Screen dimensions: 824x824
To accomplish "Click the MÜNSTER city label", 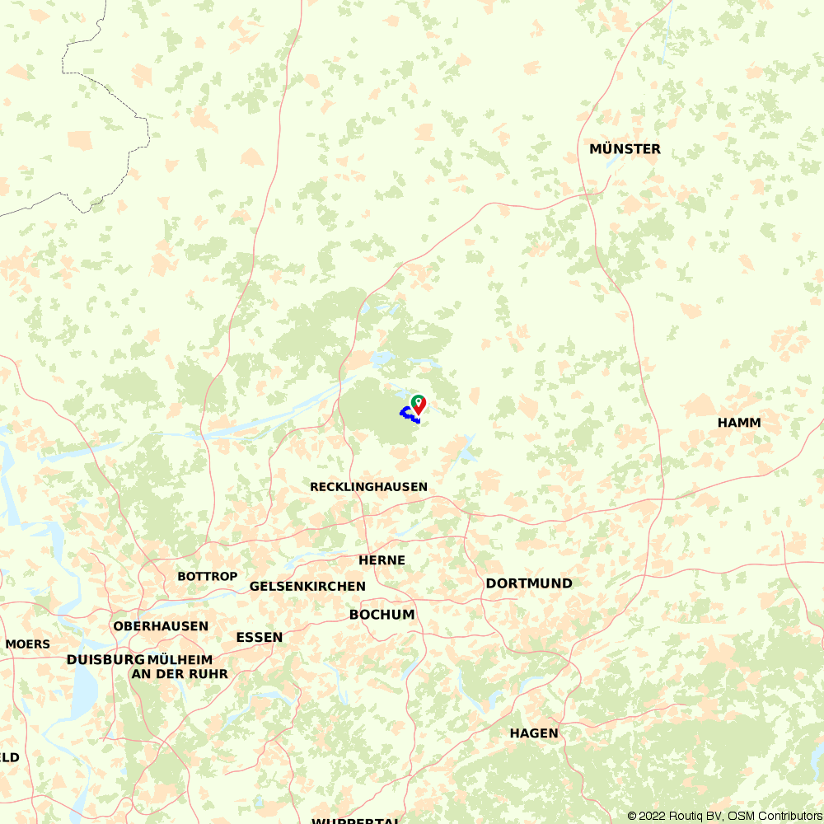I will pyautogui.click(x=625, y=149).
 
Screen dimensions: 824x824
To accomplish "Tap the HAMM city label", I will pyautogui.click(x=739, y=423).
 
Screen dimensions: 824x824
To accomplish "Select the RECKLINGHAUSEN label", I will pyautogui.click(x=368, y=487).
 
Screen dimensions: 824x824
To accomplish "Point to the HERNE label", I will pyautogui.click(x=382, y=560).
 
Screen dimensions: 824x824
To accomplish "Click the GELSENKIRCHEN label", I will pyautogui.click(x=307, y=587).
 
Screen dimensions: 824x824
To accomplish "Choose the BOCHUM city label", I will pyautogui.click(x=382, y=615).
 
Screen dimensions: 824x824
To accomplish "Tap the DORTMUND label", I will pyautogui.click(x=528, y=583).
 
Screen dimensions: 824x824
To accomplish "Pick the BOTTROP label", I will pyautogui.click(x=207, y=577).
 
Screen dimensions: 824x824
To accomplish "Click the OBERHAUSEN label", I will pyautogui.click(x=161, y=626).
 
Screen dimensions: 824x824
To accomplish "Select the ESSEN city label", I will pyautogui.click(x=259, y=638).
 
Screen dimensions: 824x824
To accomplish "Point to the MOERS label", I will pyautogui.click(x=27, y=644).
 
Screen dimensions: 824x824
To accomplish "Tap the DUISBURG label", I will pyautogui.click(x=105, y=660).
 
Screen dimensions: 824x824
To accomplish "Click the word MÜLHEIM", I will pyautogui.click(x=180, y=660).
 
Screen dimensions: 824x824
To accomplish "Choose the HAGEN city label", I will pyautogui.click(x=533, y=733).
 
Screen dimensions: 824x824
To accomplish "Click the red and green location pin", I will pyautogui.click(x=419, y=404).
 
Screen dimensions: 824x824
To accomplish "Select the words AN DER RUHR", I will pyautogui.click(x=180, y=674).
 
